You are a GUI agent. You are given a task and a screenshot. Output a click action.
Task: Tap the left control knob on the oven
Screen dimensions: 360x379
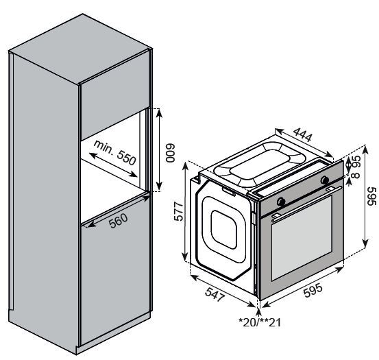tap(280, 200)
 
